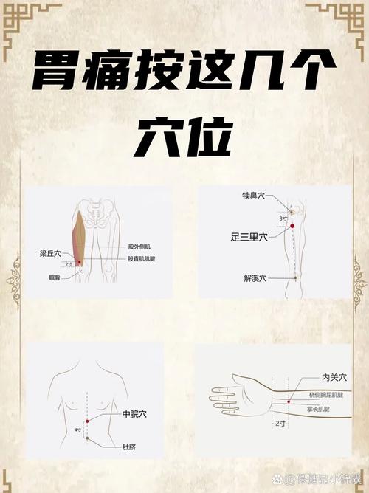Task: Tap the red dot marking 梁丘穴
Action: click(79, 263)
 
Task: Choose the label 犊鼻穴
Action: click(255, 196)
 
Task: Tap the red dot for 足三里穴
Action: click(292, 235)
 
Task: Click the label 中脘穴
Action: click(135, 415)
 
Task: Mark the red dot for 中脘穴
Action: click(88, 421)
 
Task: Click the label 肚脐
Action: click(131, 446)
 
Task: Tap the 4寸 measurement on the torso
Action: click(77, 430)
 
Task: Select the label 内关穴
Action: click(334, 377)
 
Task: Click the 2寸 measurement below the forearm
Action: click(280, 424)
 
